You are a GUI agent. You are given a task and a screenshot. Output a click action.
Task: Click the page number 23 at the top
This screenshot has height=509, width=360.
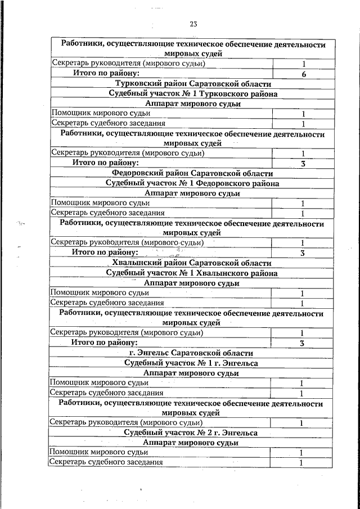pyautogui.click(x=193, y=24)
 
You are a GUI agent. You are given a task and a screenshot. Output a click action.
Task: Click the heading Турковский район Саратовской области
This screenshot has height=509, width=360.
pyautogui.click(x=193, y=84)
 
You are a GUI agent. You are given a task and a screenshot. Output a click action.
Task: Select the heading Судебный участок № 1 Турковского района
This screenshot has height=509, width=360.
pyautogui.click(x=193, y=94)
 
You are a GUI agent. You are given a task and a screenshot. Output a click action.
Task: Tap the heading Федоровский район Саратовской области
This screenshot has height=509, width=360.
pyautogui.click(x=192, y=173)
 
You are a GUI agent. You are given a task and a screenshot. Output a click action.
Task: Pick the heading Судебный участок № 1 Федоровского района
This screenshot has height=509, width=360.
pyautogui.click(x=192, y=183)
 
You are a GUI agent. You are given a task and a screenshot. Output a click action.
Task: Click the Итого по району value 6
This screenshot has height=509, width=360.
pyautogui.click(x=303, y=74)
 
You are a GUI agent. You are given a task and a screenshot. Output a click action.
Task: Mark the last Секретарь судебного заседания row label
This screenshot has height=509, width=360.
pyautogui.click(x=106, y=462)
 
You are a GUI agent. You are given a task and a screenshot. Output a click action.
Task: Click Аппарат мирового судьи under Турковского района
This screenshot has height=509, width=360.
pyautogui.click(x=192, y=103)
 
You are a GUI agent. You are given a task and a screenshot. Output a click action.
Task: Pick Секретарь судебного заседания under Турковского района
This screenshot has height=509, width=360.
pyautogui.click(x=108, y=123)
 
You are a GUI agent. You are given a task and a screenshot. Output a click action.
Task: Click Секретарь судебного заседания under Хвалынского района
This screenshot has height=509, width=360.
pyautogui.click(x=107, y=303)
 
